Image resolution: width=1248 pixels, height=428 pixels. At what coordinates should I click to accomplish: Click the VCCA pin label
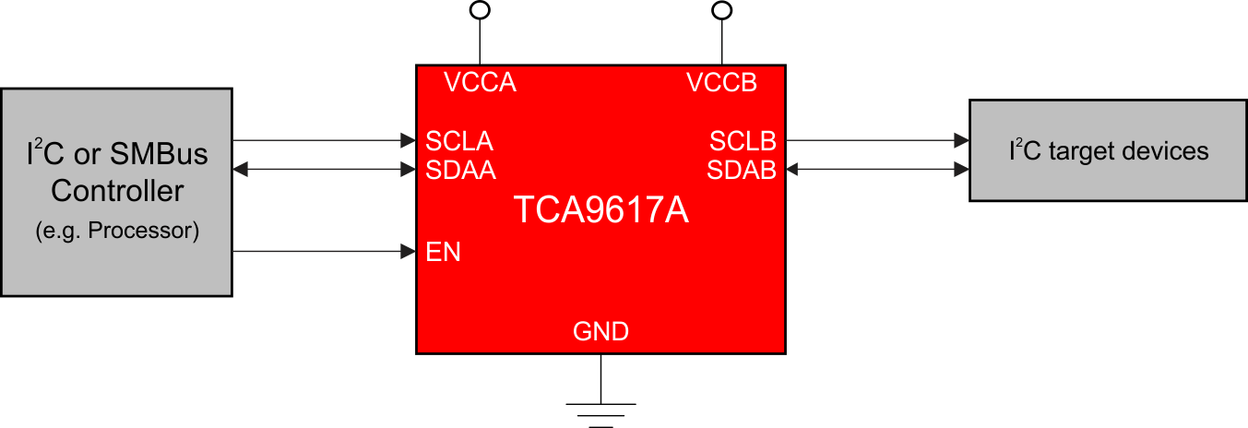coord(480,83)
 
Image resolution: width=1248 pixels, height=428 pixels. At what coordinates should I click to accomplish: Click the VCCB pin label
coord(721,83)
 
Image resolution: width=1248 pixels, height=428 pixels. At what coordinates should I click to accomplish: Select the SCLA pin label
coord(459,142)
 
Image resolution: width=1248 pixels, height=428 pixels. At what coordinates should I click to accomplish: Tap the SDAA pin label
coord(460,171)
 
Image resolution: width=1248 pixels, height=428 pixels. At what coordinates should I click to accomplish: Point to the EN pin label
coord(443,252)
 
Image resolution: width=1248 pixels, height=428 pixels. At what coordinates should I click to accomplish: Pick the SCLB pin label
coord(743,142)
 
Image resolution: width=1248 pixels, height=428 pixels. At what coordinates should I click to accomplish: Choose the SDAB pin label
coord(742,171)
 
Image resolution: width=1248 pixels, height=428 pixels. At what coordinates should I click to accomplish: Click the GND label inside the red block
coord(600,331)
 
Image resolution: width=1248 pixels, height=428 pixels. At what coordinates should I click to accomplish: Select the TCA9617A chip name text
coord(600,211)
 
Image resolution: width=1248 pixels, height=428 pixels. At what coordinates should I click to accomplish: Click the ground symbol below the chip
coord(600,414)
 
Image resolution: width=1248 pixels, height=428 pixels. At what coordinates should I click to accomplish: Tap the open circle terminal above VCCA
coord(480,10)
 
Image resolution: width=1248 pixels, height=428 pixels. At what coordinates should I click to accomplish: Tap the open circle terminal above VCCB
coord(722,10)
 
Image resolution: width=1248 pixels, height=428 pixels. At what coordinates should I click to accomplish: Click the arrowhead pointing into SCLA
coord(408,141)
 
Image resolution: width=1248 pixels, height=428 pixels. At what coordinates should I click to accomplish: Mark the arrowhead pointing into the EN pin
coord(408,251)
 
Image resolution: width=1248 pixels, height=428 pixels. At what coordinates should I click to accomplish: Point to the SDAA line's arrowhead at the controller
coord(239,170)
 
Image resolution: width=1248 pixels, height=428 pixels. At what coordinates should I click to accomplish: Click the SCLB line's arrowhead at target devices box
coord(961,141)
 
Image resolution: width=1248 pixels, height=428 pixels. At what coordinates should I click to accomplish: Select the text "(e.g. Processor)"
coord(116,231)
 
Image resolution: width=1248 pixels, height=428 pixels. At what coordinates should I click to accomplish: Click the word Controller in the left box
coord(116,192)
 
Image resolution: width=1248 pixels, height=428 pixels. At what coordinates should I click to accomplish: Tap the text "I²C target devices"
coord(1108,150)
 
